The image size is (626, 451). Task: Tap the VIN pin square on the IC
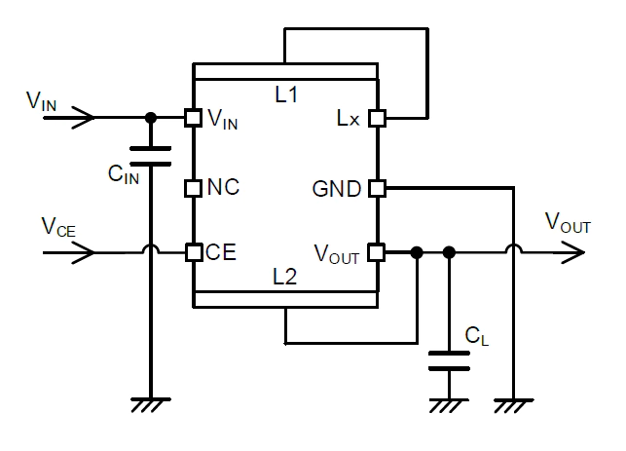193,118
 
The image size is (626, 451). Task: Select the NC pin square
193,186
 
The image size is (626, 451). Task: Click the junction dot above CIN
150,118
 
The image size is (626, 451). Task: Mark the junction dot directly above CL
449,253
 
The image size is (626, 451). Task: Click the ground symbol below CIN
150,403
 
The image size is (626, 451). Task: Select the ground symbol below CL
449,403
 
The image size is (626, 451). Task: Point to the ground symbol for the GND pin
512,403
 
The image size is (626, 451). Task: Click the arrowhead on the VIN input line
86,118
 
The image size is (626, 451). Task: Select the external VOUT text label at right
568,225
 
